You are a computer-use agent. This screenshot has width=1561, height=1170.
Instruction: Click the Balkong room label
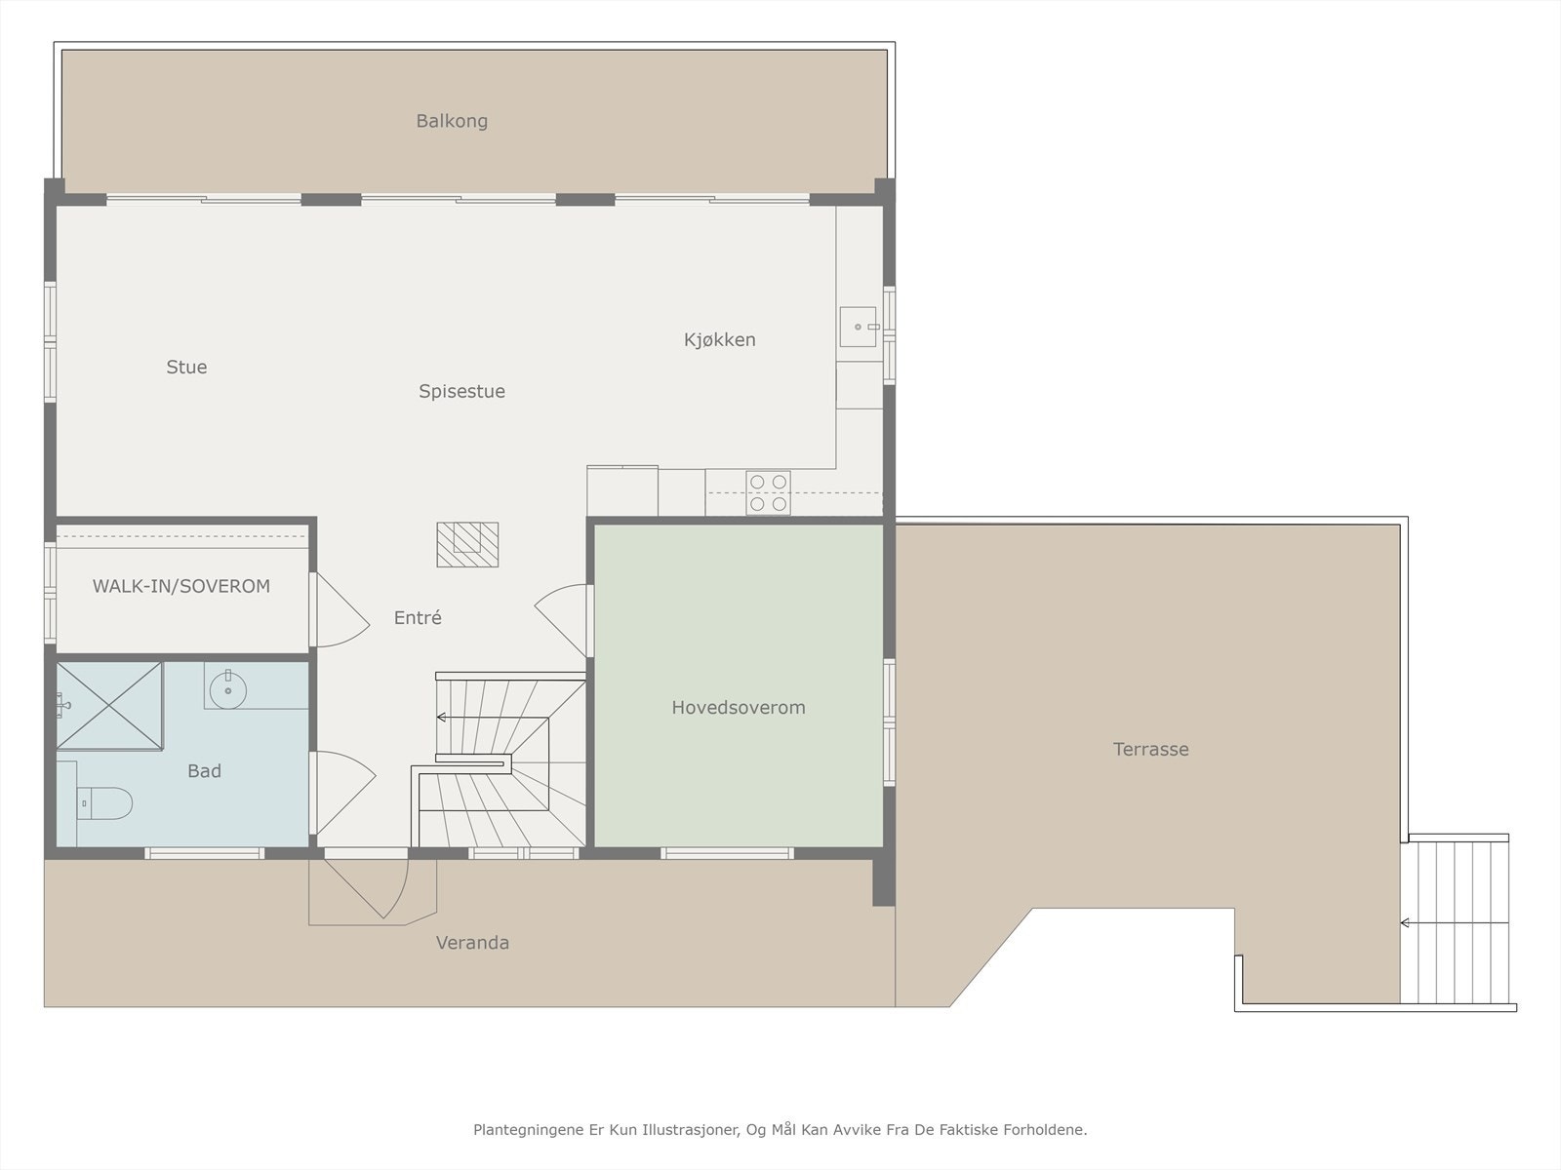point(452,122)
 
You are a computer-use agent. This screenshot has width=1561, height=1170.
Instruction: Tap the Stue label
point(186,367)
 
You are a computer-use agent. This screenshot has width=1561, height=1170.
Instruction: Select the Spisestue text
point(461,391)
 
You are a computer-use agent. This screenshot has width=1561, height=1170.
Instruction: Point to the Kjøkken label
point(720,339)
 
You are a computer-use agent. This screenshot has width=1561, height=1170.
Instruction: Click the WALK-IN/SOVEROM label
point(181,586)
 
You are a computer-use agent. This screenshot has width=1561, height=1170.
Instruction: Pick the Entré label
point(418,617)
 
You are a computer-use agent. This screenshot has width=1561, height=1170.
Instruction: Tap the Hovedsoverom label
point(739,708)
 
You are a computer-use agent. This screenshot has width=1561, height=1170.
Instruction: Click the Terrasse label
point(1150,749)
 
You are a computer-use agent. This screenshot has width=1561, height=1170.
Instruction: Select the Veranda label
point(472,943)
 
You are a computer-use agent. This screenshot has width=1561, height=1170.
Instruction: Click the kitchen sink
point(858,327)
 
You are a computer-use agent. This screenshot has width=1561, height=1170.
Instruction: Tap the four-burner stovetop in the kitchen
point(768,493)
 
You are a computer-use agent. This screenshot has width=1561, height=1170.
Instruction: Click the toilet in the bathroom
point(103,803)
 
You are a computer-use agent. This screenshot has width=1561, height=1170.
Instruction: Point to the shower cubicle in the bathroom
point(109,705)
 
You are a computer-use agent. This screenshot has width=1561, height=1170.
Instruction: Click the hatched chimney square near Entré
point(467,545)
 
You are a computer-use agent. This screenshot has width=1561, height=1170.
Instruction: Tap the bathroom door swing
point(342,793)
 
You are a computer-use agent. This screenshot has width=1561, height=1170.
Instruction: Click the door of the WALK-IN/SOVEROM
point(340,610)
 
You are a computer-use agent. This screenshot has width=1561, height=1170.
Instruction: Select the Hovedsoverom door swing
point(560,620)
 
